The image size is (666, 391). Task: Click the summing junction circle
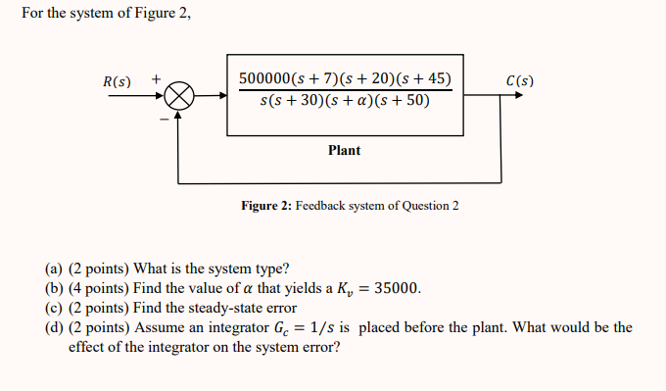[x=177, y=96]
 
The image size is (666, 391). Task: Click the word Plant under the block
[x=344, y=150]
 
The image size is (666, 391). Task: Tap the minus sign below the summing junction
[x=164, y=121]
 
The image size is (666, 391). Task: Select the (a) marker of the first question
[x=54, y=269]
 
